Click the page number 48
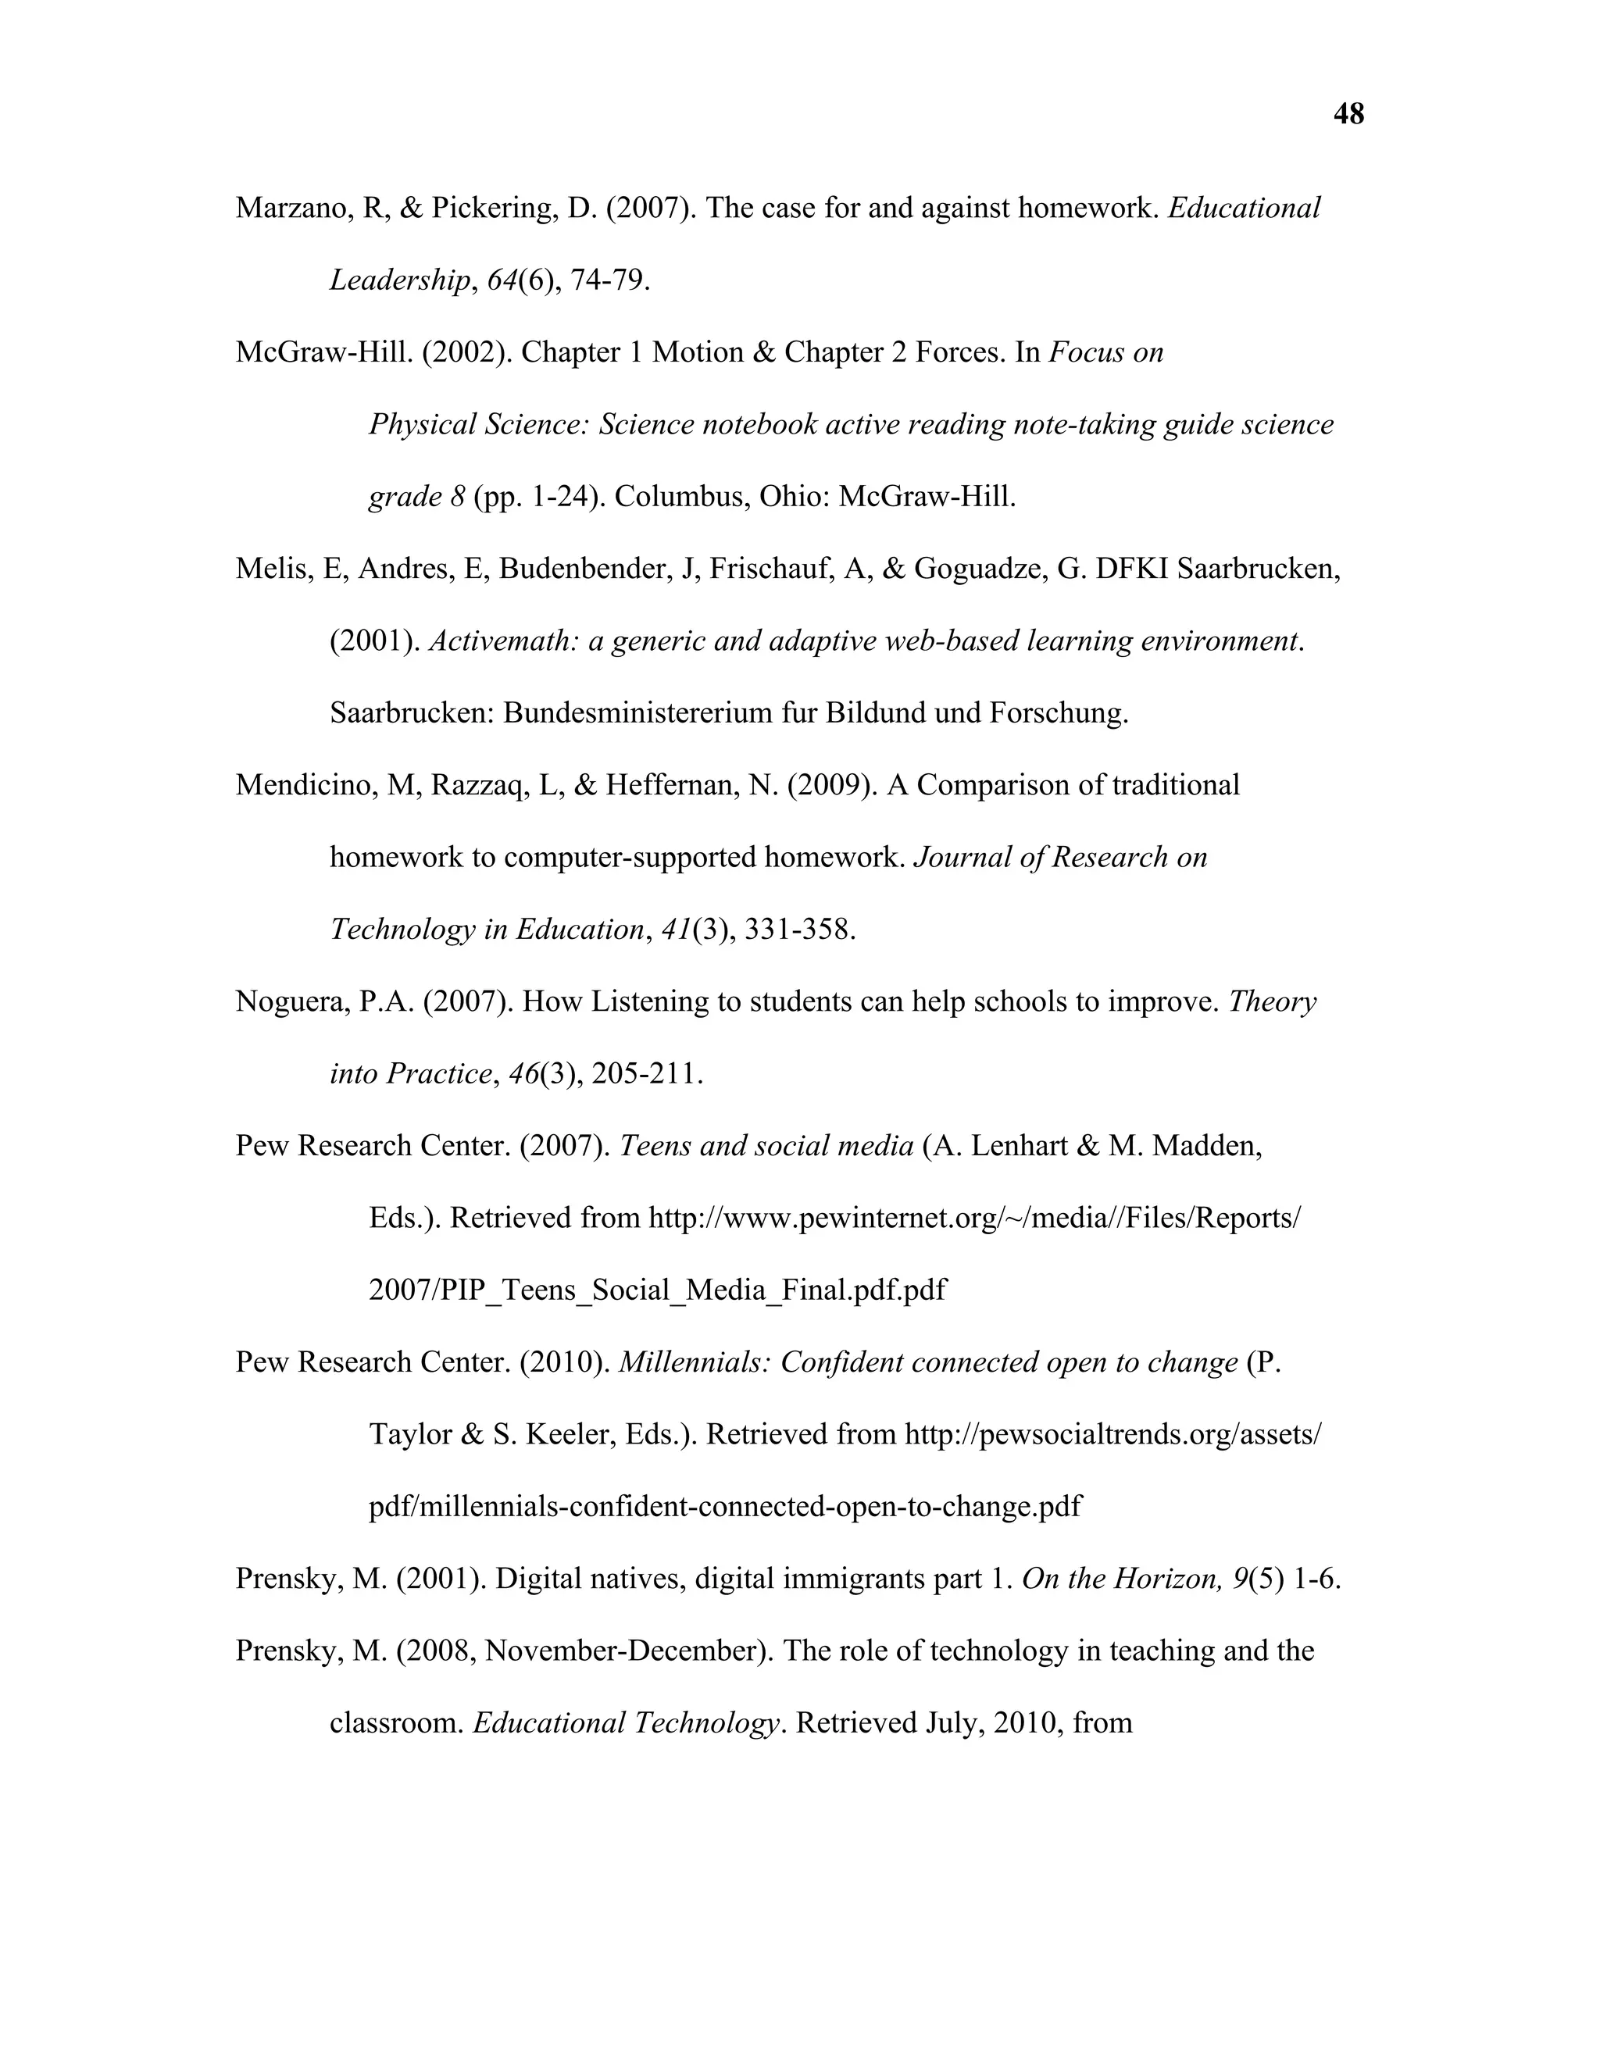coord(1348,115)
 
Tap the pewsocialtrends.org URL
coord(1112,1435)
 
